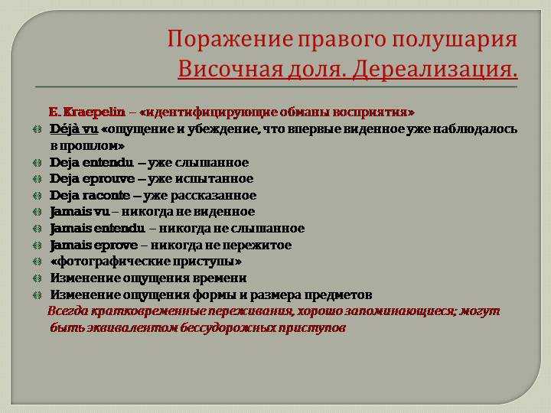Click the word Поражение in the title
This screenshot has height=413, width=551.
[x=230, y=39]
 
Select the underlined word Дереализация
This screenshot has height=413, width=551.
[x=435, y=69]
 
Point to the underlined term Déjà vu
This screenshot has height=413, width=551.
[x=73, y=129]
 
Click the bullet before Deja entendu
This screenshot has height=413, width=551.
[x=37, y=163]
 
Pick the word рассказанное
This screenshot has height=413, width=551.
[x=214, y=196]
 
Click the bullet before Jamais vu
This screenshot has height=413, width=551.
[x=37, y=212]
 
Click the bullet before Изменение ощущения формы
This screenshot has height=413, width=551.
[x=37, y=295]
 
